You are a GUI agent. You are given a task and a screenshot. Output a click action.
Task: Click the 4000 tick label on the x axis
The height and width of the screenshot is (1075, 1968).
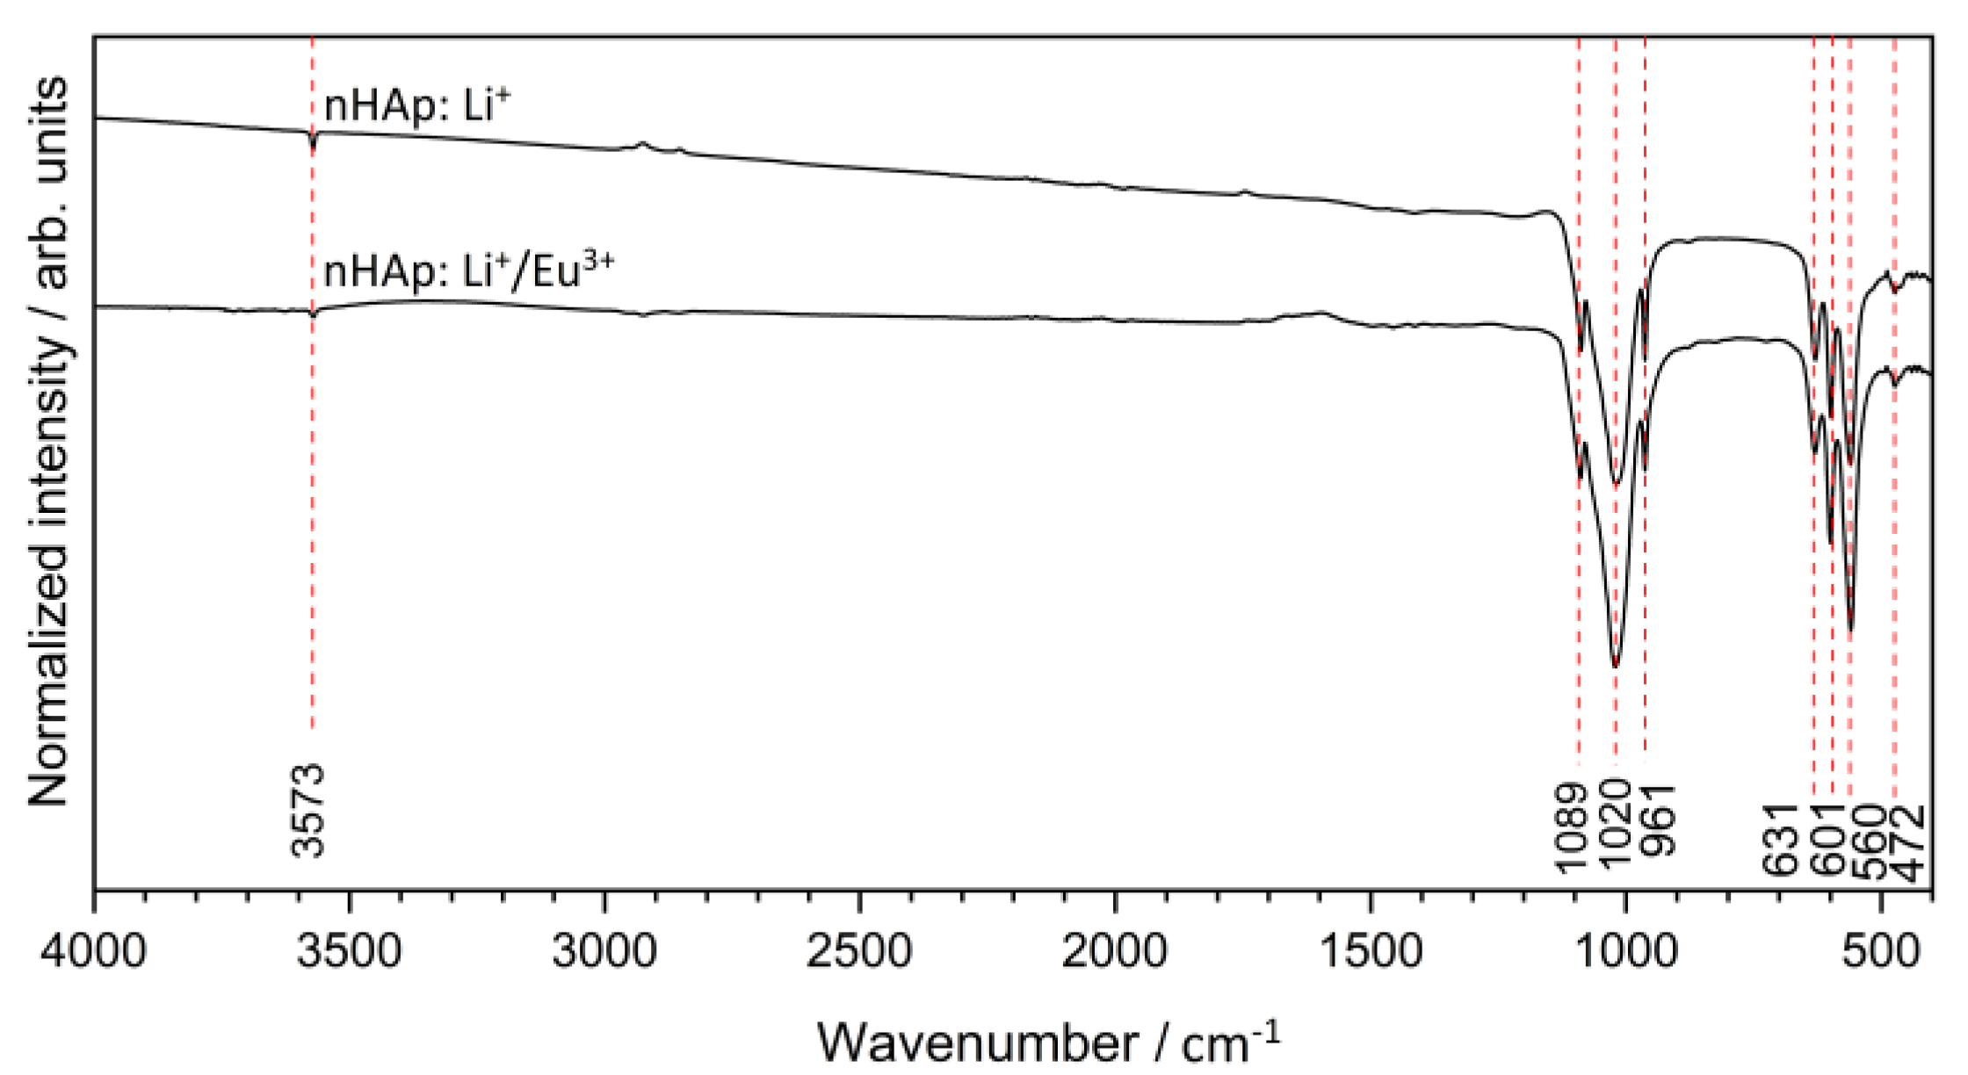click(94, 950)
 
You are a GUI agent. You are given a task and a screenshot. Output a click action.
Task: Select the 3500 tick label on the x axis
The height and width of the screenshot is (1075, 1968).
click(350, 950)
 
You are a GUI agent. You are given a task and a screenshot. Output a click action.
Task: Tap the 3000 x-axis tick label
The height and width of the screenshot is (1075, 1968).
click(604, 950)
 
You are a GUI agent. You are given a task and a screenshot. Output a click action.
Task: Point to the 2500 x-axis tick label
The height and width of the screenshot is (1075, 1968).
click(860, 950)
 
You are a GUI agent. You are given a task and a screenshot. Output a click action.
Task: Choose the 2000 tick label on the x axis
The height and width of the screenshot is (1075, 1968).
click(1115, 950)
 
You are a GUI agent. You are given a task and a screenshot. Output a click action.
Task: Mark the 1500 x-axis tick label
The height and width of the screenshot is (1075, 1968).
click(1371, 950)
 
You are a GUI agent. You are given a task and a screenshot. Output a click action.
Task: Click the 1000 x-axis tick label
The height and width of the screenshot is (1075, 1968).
click(1625, 950)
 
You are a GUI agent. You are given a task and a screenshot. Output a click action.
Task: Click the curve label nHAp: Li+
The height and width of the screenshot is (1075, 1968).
click(416, 105)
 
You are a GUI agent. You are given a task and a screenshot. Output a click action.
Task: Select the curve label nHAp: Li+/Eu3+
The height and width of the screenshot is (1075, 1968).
click(468, 271)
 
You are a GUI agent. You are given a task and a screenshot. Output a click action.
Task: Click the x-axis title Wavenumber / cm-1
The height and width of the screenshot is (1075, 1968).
click(1047, 1043)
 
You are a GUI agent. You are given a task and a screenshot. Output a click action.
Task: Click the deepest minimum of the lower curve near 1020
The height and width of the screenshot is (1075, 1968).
click(1616, 666)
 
